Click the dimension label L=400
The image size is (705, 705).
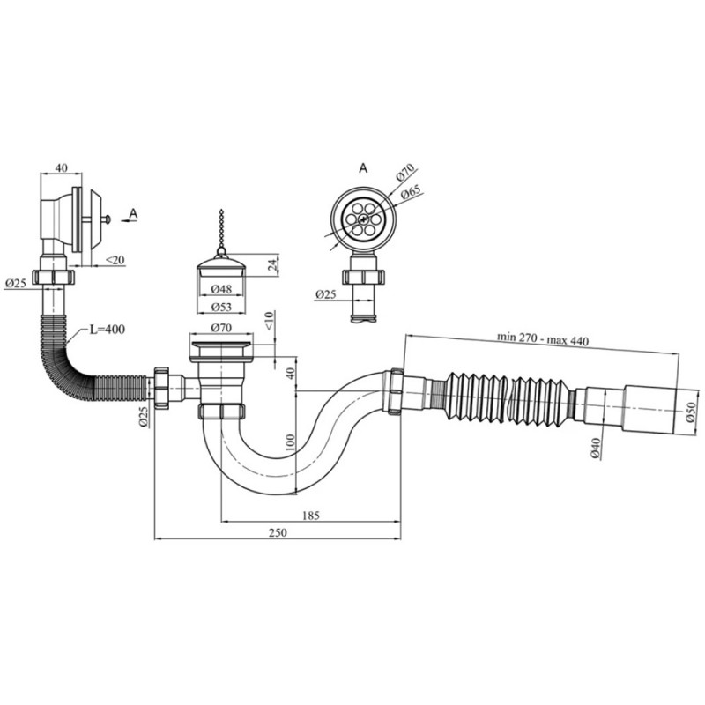point(108,330)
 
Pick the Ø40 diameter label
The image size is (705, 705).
point(596,448)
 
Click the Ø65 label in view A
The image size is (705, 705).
point(408,193)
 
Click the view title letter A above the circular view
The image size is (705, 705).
point(362,166)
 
